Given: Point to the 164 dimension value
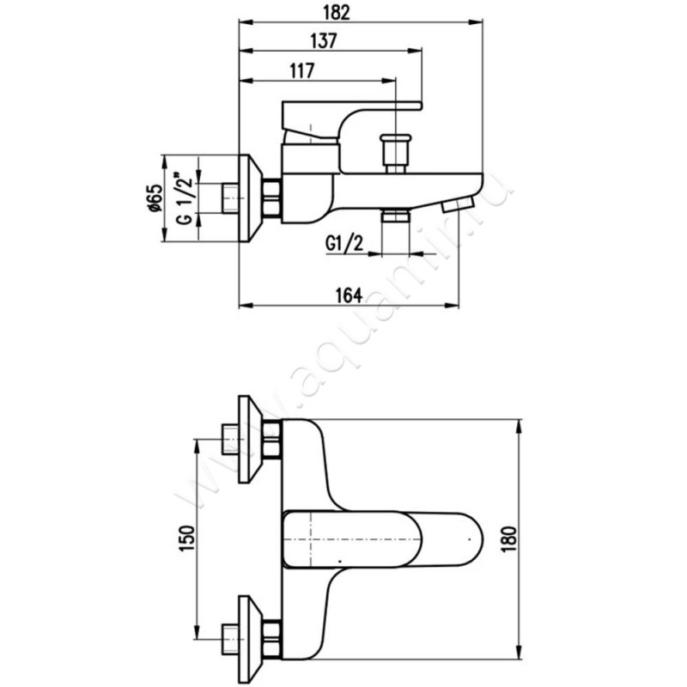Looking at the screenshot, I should pyautogui.click(x=347, y=295).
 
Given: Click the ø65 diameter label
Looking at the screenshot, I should pyautogui.click(x=155, y=198).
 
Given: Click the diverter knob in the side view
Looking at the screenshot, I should pyautogui.click(x=397, y=152).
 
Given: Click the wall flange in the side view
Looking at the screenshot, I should pyautogui.click(x=250, y=198).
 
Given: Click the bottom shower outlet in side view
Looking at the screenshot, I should pyautogui.click(x=395, y=216).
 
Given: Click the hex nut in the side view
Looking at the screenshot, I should pyautogui.click(x=271, y=198).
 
